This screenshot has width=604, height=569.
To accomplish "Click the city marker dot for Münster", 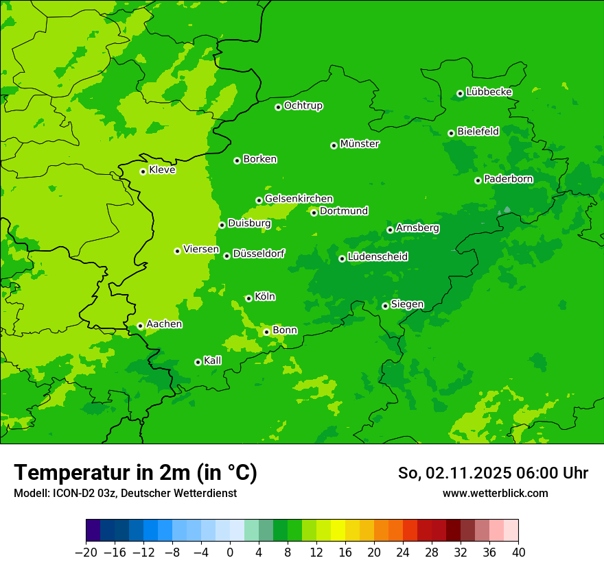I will [x=334, y=145].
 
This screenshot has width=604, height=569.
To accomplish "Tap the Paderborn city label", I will [x=508, y=180].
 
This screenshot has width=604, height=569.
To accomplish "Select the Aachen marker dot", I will [x=141, y=326].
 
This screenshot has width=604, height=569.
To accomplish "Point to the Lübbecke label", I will [x=489, y=92].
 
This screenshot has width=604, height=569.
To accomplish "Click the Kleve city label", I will [x=162, y=170].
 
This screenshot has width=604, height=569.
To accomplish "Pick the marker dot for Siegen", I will [x=386, y=306].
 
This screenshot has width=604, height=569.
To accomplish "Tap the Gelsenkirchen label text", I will [x=299, y=199].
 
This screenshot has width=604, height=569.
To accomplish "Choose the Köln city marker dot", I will [x=248, y=298].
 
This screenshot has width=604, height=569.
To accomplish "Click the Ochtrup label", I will [x=303, y=106].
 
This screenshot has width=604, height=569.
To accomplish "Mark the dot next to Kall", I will [x=198, y=362].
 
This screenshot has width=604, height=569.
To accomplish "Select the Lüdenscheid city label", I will [x=377, y=257].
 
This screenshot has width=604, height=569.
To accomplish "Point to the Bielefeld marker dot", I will [x=452, y=133].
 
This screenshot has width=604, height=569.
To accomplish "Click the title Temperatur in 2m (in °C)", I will [x=135, y=472].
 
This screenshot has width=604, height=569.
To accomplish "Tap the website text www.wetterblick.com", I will [x=495, y=493].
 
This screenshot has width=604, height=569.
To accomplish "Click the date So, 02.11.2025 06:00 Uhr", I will [x=493, y=473].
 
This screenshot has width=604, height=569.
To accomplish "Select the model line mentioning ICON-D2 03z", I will [x=125, y=493].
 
